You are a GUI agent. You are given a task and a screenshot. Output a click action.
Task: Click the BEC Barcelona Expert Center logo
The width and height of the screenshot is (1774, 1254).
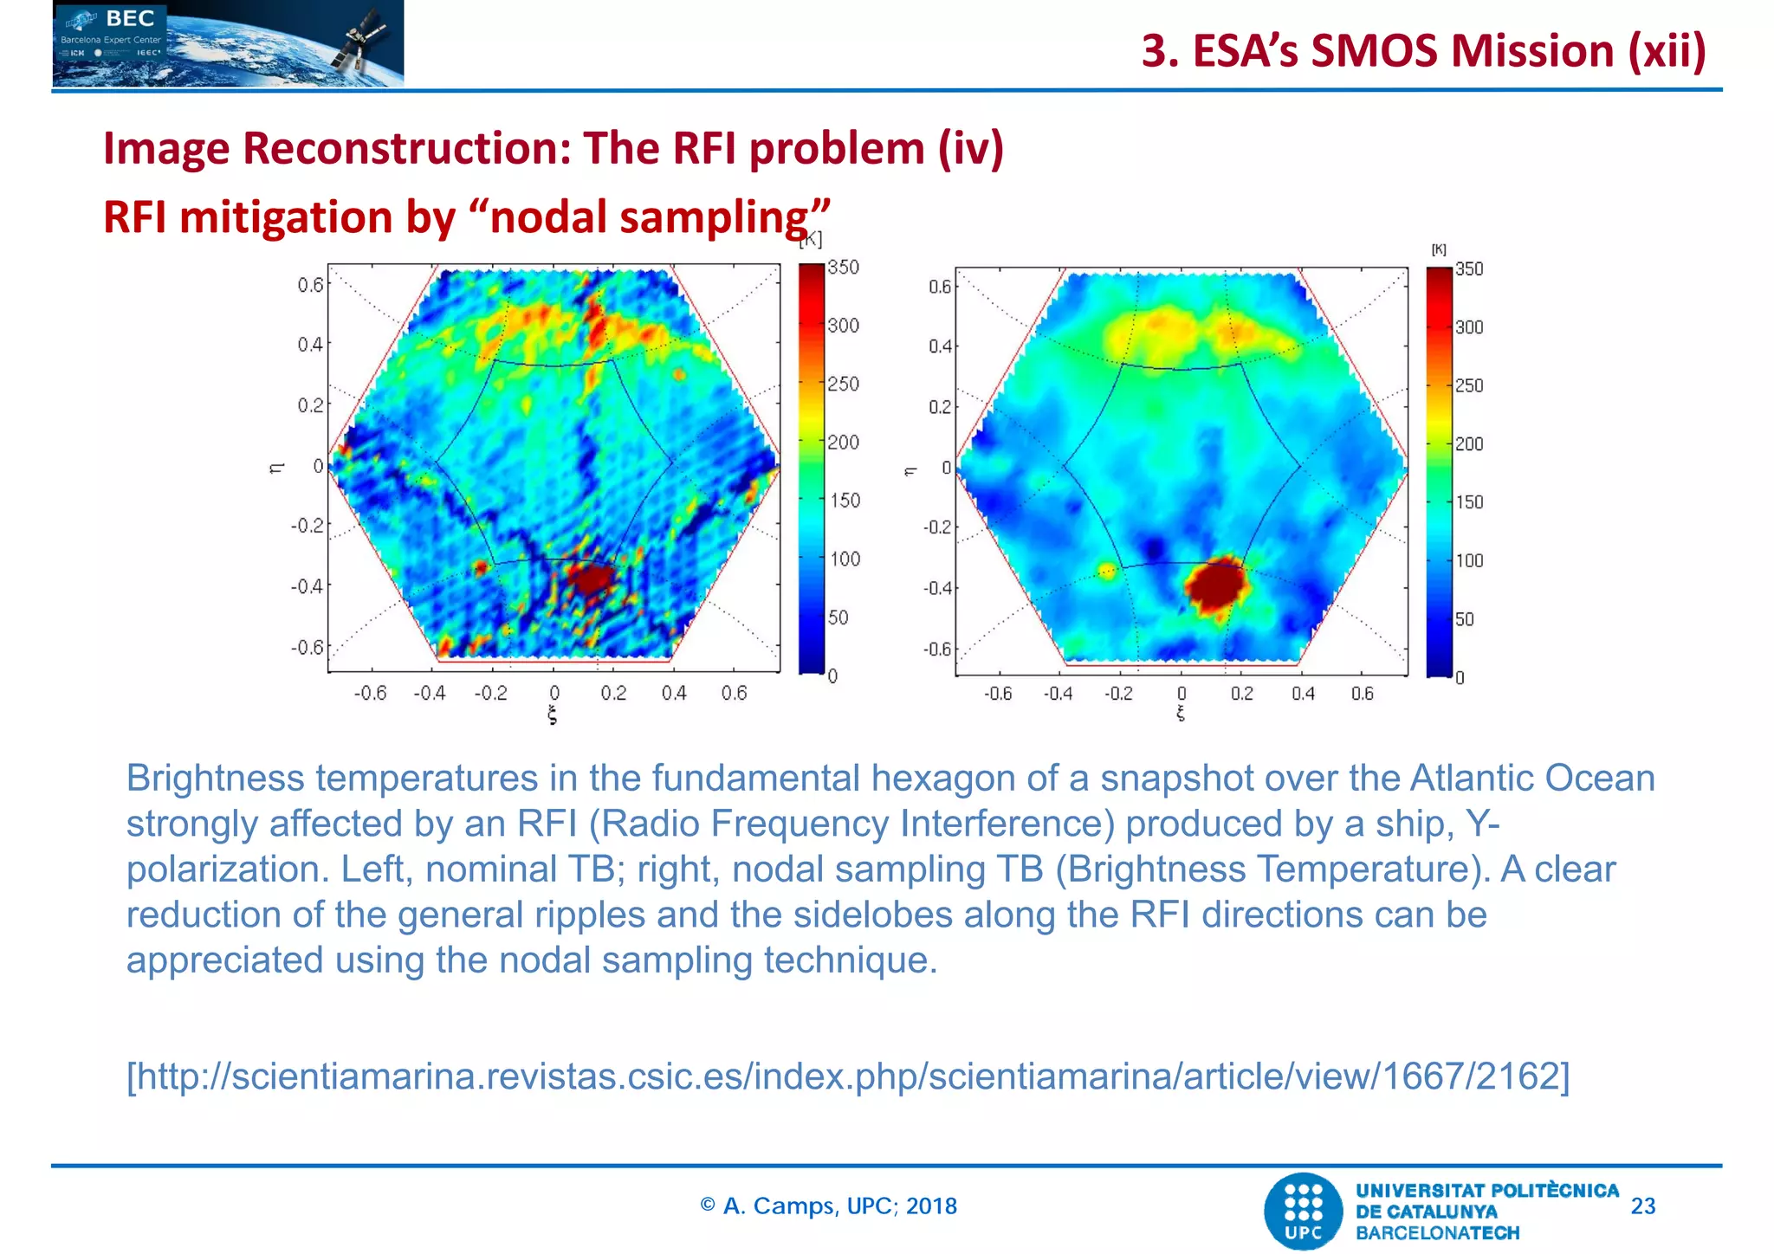click(x=228, y=43)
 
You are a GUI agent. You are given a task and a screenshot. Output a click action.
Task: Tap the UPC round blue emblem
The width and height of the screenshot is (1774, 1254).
click(x=1303, y=1211)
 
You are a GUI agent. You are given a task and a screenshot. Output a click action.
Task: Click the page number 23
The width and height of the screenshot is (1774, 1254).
click(x=1642, y=1206)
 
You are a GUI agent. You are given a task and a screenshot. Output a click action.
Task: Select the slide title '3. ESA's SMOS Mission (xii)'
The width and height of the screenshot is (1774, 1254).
click(x=1423, y=51)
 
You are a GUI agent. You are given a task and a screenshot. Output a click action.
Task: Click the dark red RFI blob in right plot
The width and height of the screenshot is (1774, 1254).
click(x=1217, y=584)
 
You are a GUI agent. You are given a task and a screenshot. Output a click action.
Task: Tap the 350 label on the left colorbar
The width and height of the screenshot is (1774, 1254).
click(x=843, y=268)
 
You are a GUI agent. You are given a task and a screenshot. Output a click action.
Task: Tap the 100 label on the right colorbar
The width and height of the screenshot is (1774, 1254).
click(x=1469, y=560)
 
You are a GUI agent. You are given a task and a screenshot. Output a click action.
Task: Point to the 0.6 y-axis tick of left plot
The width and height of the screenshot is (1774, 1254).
click(x=310, y=285)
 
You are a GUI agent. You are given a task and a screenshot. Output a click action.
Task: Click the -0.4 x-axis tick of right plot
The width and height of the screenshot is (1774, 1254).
click(x=1058, y=694)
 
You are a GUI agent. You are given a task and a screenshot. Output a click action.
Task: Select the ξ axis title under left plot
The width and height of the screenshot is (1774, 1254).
click(x=553, y=715)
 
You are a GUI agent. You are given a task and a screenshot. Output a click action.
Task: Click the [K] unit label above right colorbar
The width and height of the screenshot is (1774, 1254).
click(x=1439, y=249)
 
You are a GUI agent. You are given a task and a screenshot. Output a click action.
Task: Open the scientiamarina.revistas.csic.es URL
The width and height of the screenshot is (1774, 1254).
click(x=847, y=1076)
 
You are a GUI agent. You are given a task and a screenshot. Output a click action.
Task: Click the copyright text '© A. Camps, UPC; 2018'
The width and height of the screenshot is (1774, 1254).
click(x=828, y=1206)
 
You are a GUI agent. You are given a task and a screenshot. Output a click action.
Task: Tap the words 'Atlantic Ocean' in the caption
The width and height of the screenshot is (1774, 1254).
click(x=1531, y=778)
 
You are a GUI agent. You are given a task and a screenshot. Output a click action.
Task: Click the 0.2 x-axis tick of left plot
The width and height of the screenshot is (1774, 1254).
click(x=613, y=693)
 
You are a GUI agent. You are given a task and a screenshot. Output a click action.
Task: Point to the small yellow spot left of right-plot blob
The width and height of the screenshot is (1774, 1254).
click(x=1107, y=570)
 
